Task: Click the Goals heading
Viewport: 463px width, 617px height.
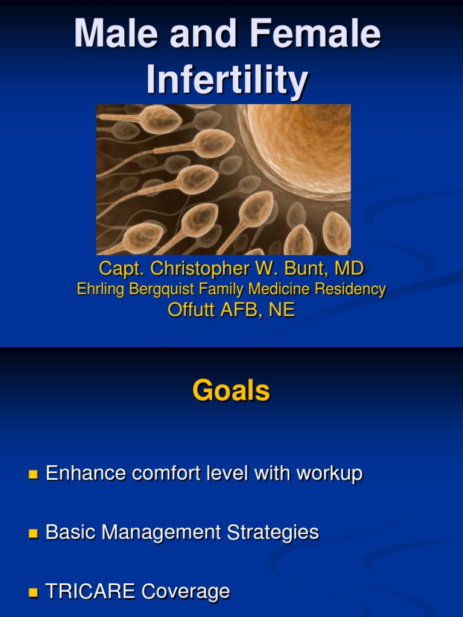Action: pos(231,391)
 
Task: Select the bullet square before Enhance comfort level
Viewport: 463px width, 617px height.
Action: pos(33,475)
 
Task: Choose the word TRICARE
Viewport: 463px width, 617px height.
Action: pos(90,591)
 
